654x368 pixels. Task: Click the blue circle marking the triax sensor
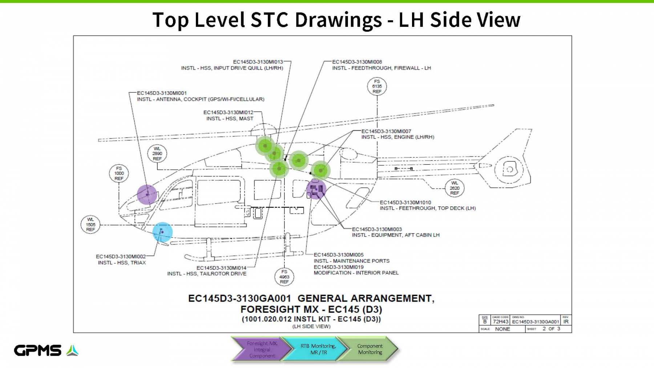pyautogui.click(x=162, y=232)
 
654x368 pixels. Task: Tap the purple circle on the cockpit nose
pyautogui.click(x=147, y=194)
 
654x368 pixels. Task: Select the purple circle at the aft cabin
pyautogui.click(x=316, y=190)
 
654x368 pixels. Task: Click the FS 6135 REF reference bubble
pyautogui.click(x=377, y=86)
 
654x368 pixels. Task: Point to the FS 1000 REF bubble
pyautogui.click(x=119, y=173)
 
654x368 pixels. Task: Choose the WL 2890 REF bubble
pyautogui.click(x=157, y=154)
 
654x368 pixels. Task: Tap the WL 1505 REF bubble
pyautogui.click(x=90, y=225)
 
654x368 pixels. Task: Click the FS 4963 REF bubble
pyautogui.click(x=284, y=277)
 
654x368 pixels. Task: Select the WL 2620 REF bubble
pyautogui.click(x=455, y=188)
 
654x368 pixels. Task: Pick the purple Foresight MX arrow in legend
pyautogui.click(x=261, y=349)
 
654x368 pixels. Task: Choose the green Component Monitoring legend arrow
pyautogui.click(x=370, y=349)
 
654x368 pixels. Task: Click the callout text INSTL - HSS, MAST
pyautogui.click(x=230, y=119)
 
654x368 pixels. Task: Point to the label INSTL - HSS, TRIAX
pyautogui.click(x=122, y=263)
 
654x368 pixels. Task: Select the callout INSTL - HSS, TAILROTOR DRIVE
pyautogui.click(x=207, y=274)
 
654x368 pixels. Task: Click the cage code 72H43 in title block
pyautogui.click(x=500, y=322)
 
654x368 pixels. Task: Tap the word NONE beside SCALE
pyautogui.click(x=502, y=329)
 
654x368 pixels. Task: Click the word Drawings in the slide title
pyautogui.click(x=338, y=20)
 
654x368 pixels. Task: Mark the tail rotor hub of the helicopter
pyautogui.click(x=510, y=169)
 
